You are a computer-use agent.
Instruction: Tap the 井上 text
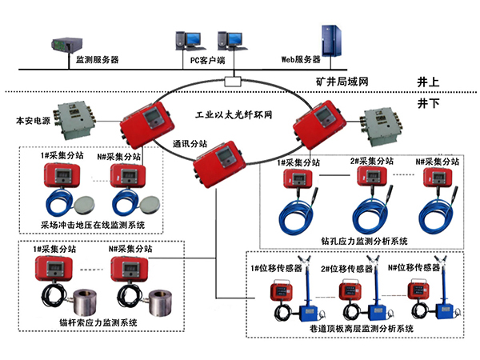pyautogui.click(x=429, y=82)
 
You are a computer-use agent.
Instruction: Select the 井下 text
pyautogui.click(x=429, y=104)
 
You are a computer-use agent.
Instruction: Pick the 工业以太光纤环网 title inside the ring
pyautogui.click(x=235, y=115)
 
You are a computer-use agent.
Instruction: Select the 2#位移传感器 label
pyautogui.click(x=345, y=268)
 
